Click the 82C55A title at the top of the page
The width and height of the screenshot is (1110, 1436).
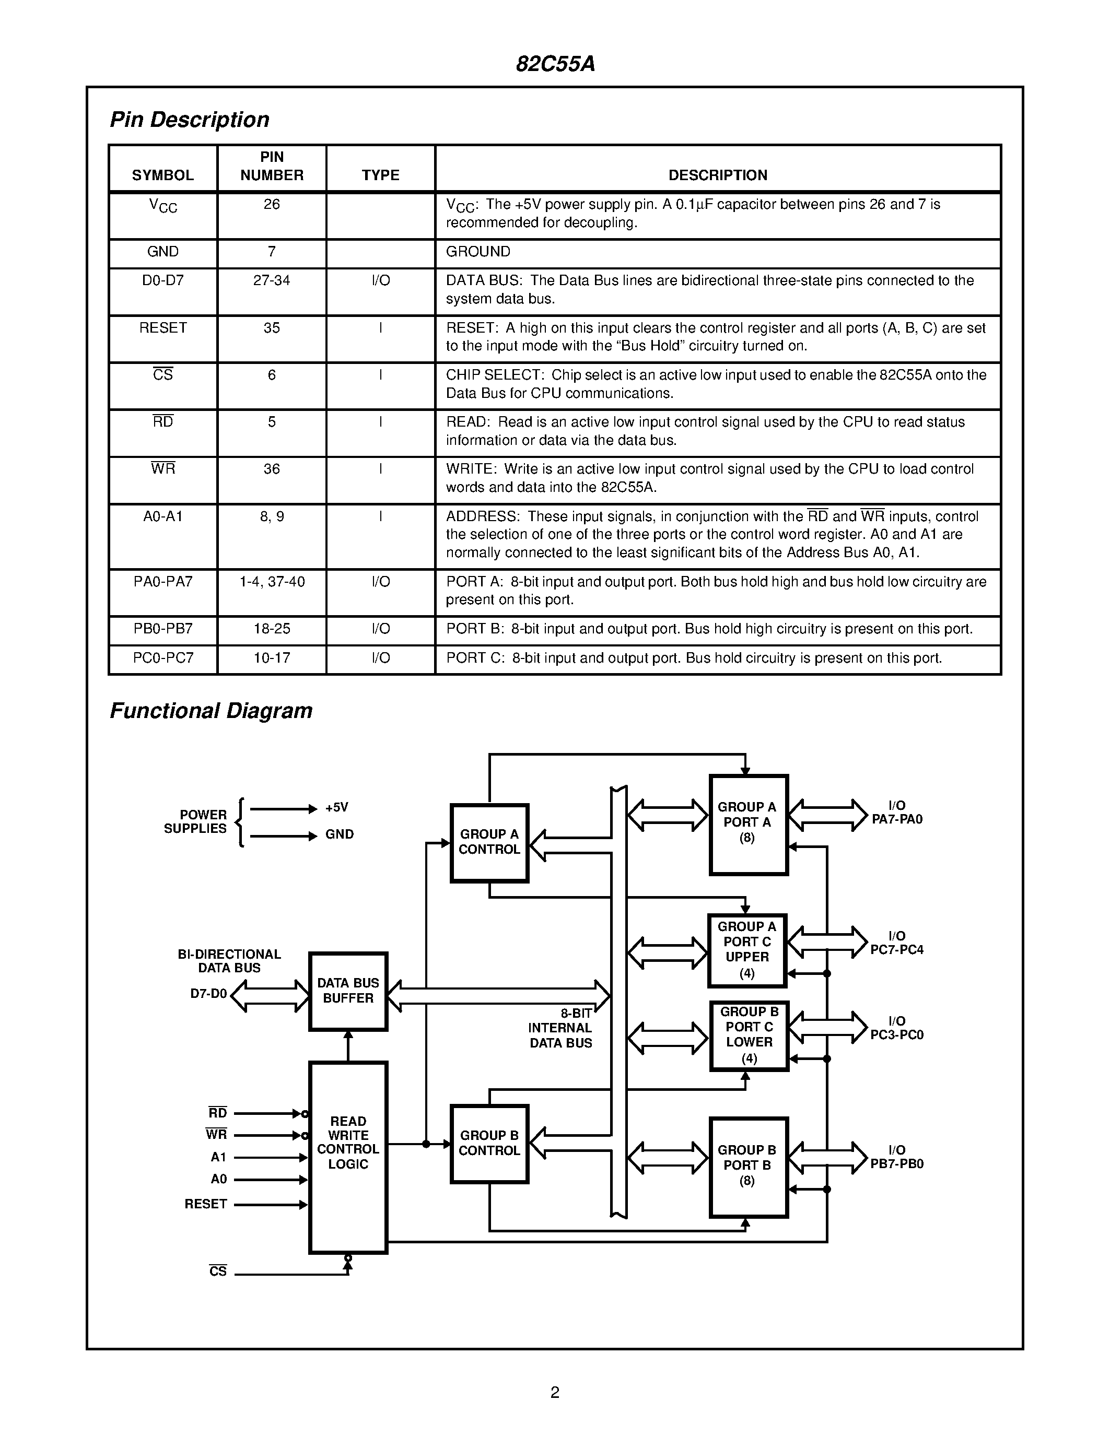[x=555, y=64]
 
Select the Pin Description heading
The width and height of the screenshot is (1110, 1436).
[x=190, y=120]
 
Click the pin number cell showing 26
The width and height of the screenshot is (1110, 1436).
[x=272, y=205]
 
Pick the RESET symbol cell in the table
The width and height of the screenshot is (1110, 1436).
[x=163, y=327]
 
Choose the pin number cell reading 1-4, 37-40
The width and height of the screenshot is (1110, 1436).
[x=272, y=582]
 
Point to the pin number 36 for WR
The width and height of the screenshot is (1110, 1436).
[x=272, y=469]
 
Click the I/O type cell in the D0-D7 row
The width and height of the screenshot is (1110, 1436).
[x=381, y=281]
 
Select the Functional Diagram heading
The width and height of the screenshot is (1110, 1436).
[x=211, y=711]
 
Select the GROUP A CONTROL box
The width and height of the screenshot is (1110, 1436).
[x=489, y=842]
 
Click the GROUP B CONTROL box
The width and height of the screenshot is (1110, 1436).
[x=489, y=1144]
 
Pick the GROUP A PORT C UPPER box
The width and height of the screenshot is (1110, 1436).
[x=747, y=950]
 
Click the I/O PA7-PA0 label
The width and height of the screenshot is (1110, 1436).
[x=897, y=813]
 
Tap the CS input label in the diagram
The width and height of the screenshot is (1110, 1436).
[x=218, y=1271]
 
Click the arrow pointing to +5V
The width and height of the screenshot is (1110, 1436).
[x=284, y=809]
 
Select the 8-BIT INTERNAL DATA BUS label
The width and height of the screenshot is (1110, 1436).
[x=560, y=1028]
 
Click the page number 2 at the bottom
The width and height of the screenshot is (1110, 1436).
[x=555, y=1392]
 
